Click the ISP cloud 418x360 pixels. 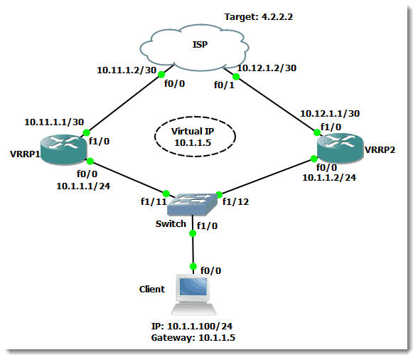(x=194, y=48)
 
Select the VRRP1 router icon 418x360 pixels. (x=63, y=149)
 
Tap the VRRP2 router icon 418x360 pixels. (x=341, y=149)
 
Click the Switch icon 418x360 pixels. (x=192, y=204)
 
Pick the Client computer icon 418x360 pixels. (x=193, y=295)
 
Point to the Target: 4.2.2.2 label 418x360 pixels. (x=259, y=17)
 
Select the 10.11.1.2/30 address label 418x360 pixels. (x=127, y=70)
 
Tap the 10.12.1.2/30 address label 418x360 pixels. (x=267, y=68)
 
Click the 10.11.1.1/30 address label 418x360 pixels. (x=54, y=122)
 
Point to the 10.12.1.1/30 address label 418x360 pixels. (x=330, y=113)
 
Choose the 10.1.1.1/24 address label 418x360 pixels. (x=83, y=186)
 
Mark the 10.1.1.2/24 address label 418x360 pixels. (x=329, y=177)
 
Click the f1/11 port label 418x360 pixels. (x=154, y=201)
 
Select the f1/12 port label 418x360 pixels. (x=236, y=202)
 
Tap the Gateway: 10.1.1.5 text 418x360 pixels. (x=193, y=337)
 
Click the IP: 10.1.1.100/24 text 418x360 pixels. (x=192, y=326)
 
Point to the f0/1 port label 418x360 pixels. (x=224, y=85)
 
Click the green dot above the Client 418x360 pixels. (x=193, y=266)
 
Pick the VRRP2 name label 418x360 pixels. (x=380, y=149)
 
